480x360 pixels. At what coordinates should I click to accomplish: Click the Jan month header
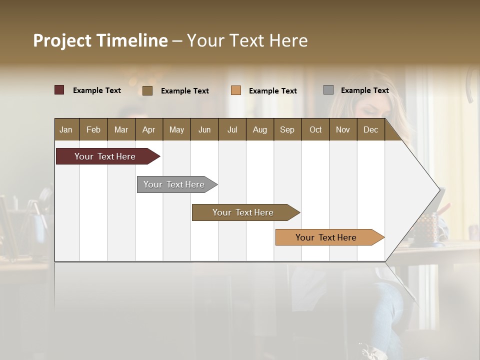pyautogui.click(x=66, y=129)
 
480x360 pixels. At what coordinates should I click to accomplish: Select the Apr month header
pyautogui.click(x=148, y=129)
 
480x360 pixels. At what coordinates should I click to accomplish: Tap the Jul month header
pyautogui.click(x=232, y=129)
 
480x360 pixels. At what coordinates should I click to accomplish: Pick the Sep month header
pyautogui.click(x=287, y=129)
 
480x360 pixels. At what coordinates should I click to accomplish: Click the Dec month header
pyautogui.click(x=370, y=129)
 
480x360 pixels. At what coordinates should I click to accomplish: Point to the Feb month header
pyautogui.click(x=93, y=129)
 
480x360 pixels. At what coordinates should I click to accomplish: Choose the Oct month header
pyautogui.click(x=315, y=129)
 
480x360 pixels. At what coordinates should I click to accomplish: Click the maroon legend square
pyautogui.click(x=59, y=90)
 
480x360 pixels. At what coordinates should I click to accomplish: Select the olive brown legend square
pyautogui.click(x=147, y=90)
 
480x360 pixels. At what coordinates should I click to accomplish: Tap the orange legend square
pyautogui.click(x=236, y=90)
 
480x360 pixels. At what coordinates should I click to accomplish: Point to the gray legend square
pyautogui.click(x=328, y=90)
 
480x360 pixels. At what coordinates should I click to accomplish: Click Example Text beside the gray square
pyautogui.click(x=364, y=90)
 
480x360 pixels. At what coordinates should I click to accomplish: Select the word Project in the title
pyautogui.click(x=62, y=40)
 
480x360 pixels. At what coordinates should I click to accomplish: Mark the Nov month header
pyautogui.click(x=343, y=129)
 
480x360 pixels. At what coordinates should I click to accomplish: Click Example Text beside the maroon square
pyautogui.click(x=97, y=90)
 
